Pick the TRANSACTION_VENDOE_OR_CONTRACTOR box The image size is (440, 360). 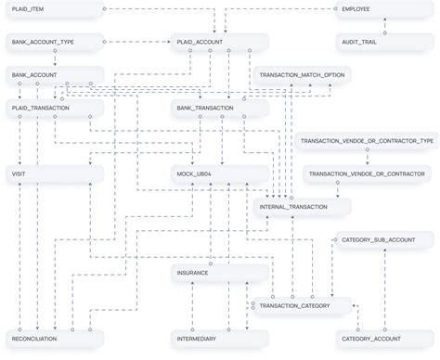point(366,174)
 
